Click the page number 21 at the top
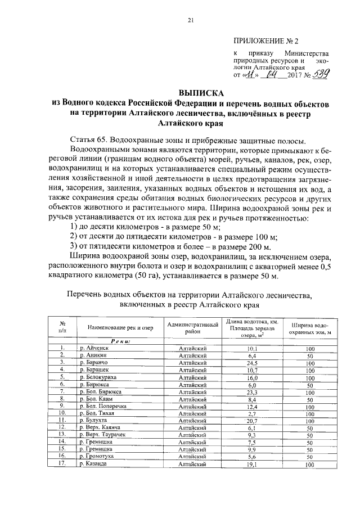click(190, 21)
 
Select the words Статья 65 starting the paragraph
click(89, 138)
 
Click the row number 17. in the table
click(64, 465)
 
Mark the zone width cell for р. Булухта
click(309, 421)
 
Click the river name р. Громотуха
click(96, 457)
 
